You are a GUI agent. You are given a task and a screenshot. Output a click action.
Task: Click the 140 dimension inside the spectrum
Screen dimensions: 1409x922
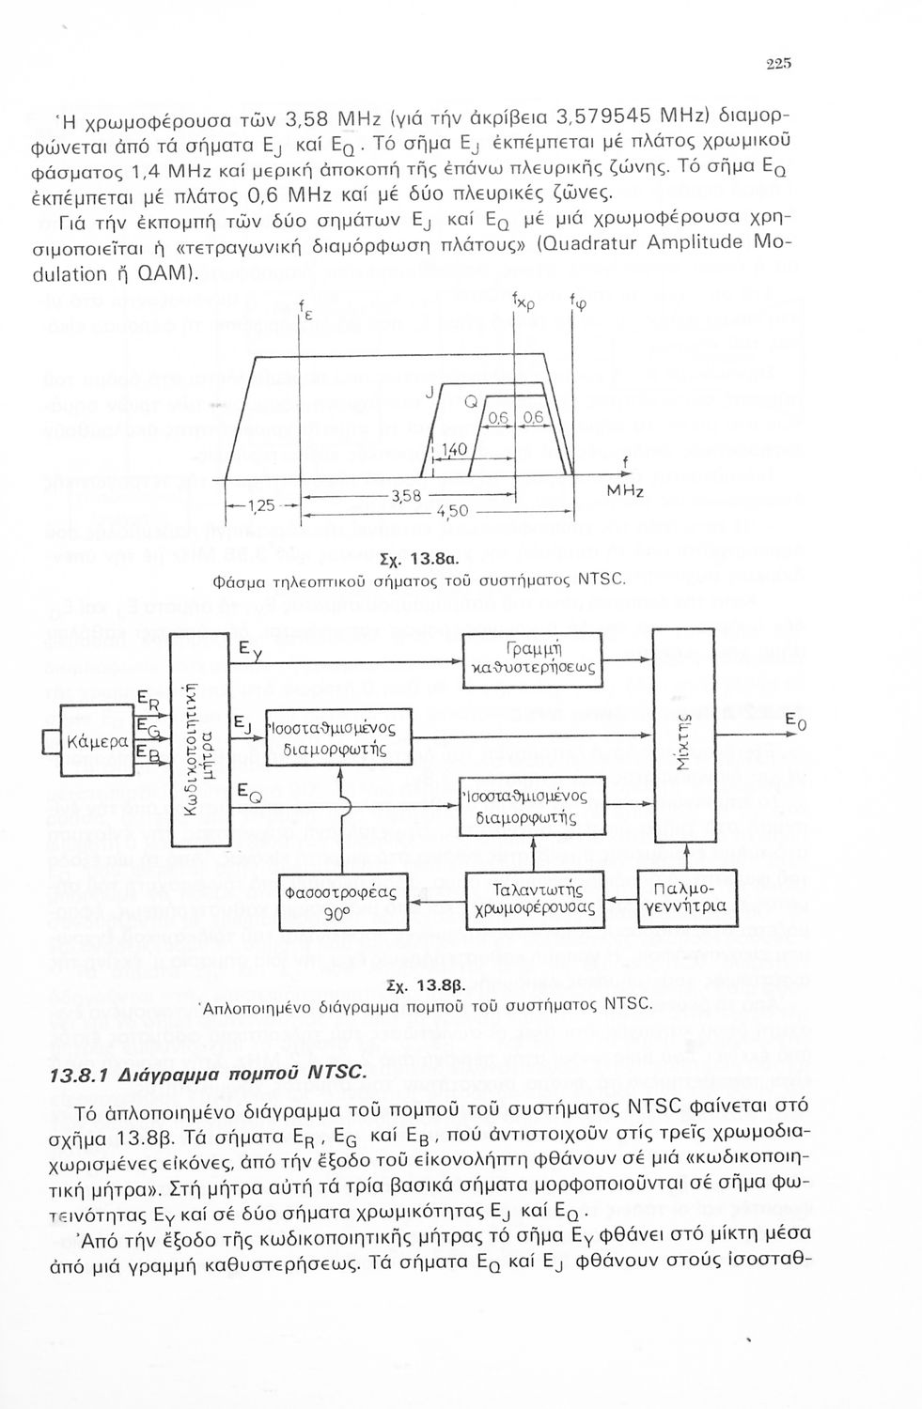pyautogui.click(x=455, y=450)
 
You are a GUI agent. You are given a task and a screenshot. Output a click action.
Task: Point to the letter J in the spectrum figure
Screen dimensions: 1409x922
pyautogui.click(x=428, y=395)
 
